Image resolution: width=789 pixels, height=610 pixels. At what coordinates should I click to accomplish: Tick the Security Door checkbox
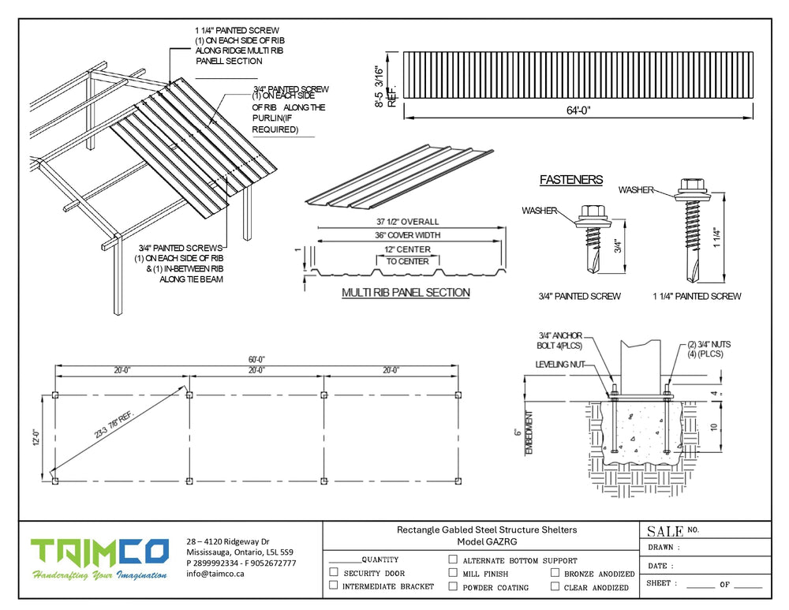[334, 573]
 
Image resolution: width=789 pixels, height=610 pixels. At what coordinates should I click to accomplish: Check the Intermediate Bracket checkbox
[334, 586]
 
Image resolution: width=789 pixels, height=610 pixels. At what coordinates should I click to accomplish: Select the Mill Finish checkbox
[453, 573]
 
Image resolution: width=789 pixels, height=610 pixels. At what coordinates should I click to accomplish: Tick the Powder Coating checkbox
[453, 586]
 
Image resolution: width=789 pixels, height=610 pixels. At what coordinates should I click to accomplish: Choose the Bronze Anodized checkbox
[555, 573]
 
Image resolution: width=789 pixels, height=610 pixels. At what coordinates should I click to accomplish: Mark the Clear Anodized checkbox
[555, 586]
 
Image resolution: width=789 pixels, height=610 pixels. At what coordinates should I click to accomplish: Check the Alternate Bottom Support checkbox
[453, 559]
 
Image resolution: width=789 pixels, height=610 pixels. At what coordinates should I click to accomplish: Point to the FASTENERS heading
[571, 180]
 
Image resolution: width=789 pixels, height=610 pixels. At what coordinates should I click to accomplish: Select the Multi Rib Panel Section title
[406, 293]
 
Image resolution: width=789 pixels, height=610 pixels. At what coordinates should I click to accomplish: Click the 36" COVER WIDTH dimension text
[408, 235]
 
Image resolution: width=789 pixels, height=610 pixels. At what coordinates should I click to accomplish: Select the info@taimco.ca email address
[215, 574]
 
